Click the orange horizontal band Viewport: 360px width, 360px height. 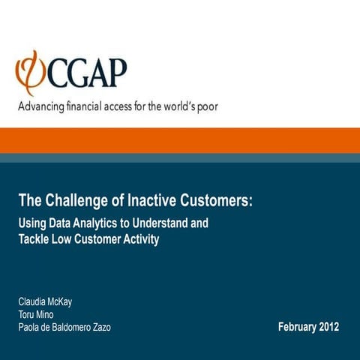pos(180,139)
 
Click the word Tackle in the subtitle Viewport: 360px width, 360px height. pos(33,238)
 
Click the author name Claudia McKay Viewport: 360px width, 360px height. pos(45,302)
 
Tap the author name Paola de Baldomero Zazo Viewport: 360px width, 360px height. pos(64,328)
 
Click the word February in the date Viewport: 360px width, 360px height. pos(296,327)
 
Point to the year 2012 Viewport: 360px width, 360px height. pos(328,327)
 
